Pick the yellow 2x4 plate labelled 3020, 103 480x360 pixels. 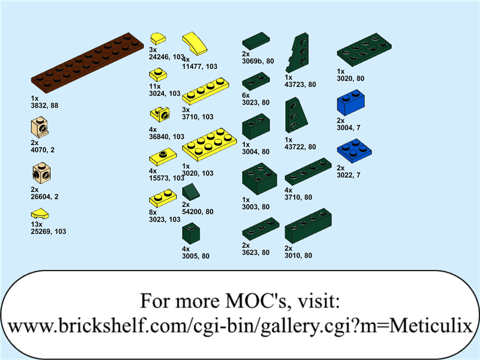click(209, 143)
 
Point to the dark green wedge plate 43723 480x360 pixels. click(299, 53)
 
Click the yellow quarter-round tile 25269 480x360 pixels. click(40, 213)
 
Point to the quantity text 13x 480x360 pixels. click(35, 224)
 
